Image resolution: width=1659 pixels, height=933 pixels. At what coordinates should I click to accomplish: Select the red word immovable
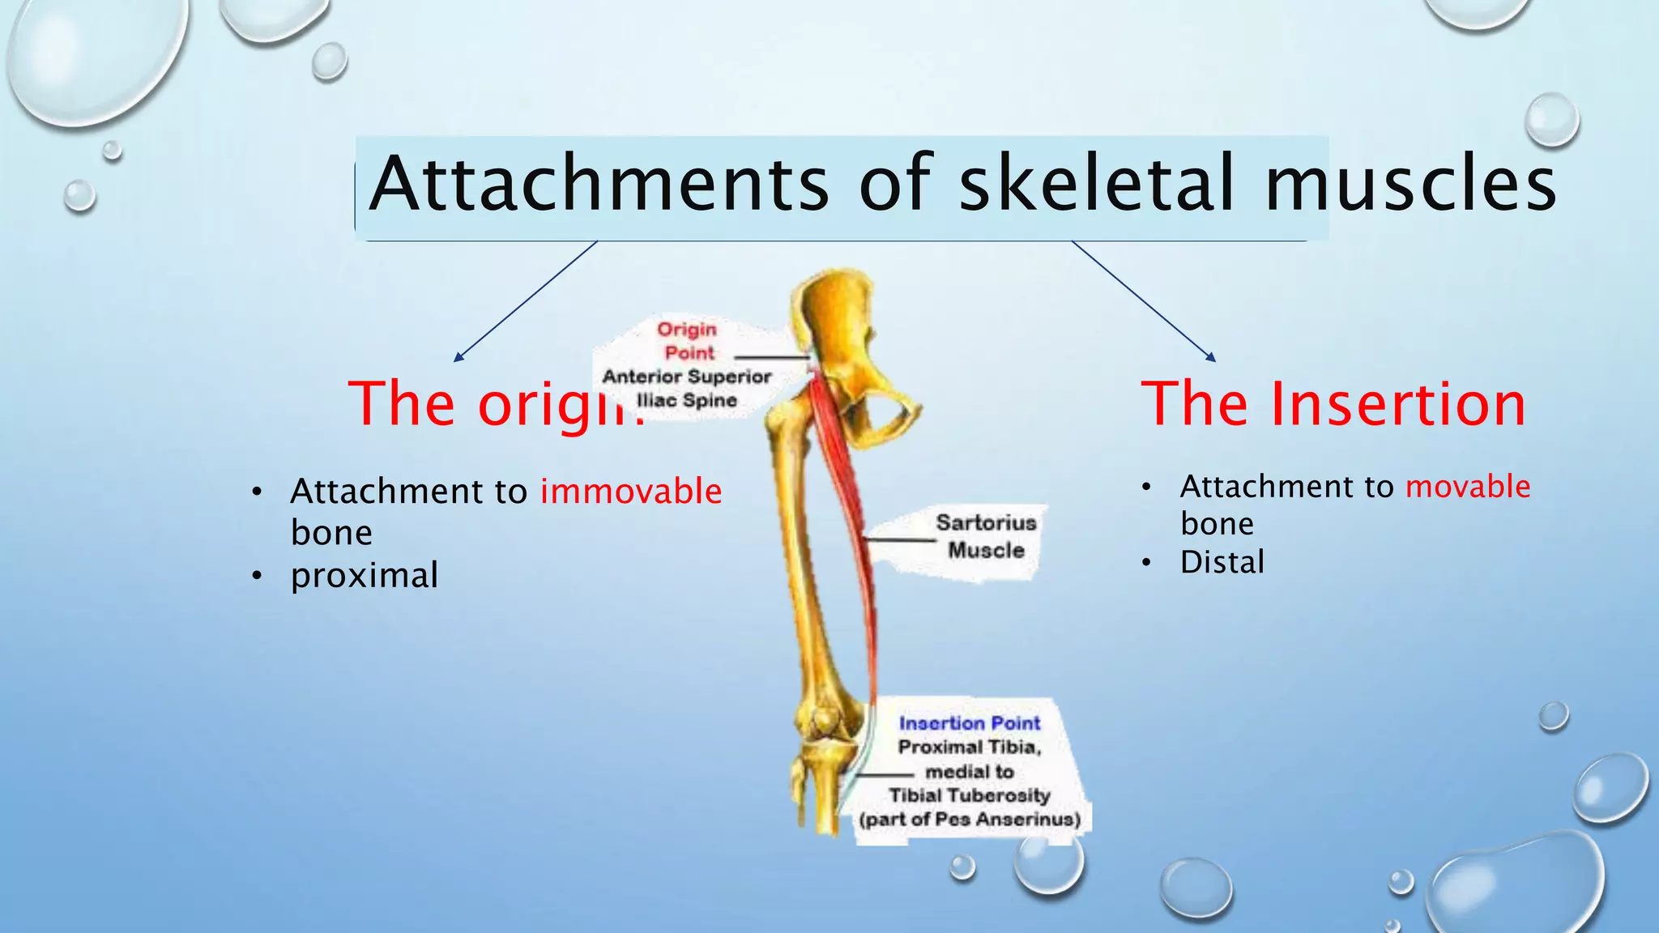(x=631, y=492)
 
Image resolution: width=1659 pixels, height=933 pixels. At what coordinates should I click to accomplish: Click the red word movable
(x=1468, y=487)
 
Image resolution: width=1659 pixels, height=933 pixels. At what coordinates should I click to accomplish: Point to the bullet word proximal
(x=365, y=576)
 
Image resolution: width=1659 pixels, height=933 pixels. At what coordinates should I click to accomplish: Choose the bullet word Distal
(x=1222, y=562)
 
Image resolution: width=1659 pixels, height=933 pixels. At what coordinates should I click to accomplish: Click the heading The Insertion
(x=1333, y=404)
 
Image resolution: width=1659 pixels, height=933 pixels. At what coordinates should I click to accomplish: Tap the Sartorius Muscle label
(x=986, y=536)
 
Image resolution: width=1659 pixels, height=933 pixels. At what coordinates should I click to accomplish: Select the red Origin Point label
(x=688, y=341)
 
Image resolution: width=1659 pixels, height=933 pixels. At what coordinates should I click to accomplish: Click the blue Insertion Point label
(x=969, y=723)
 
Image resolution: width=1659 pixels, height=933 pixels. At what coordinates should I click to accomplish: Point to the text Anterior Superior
(x=687, y=377)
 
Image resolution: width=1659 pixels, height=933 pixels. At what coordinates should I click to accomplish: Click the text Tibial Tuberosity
(x=969, y=795)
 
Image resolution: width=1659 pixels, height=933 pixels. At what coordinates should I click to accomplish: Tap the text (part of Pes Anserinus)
(x=970, y=820)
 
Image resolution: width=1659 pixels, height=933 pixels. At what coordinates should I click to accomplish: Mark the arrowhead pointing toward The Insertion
(x=1212, y=357)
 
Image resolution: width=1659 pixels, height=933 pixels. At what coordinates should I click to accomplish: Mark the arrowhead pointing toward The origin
(x=458, y=357)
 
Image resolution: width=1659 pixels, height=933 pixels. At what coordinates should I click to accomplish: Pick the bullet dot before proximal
(x=257, y=576)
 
